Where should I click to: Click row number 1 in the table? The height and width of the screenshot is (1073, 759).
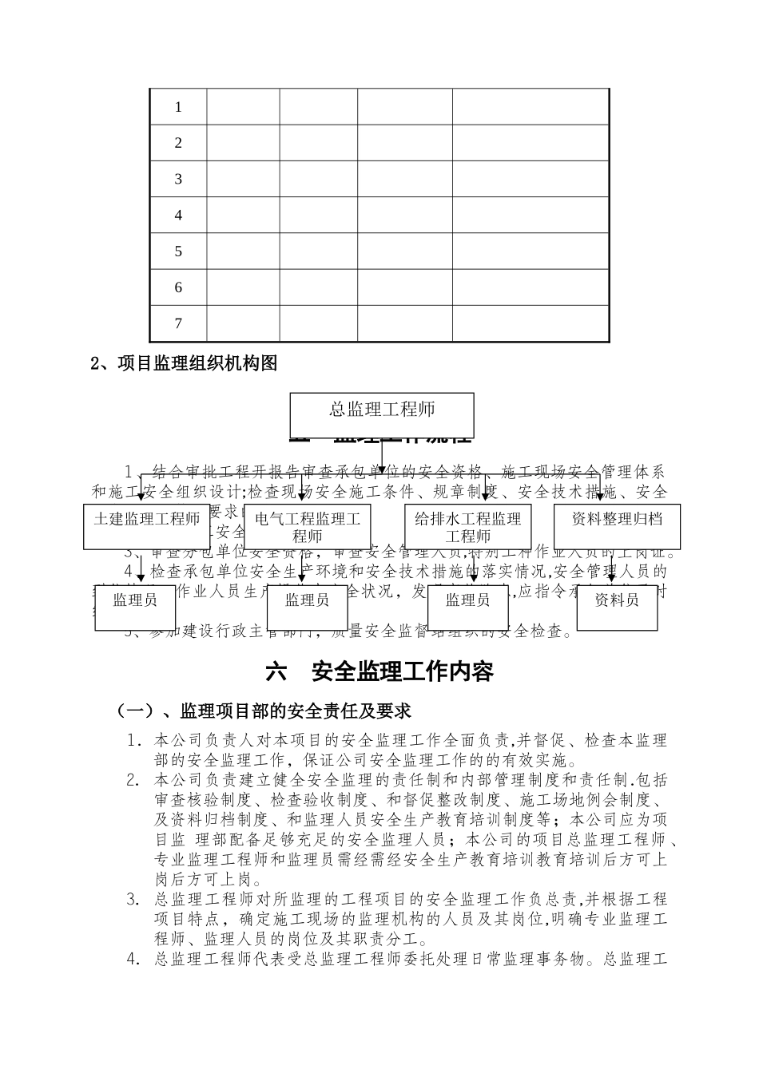[x=178, y=107]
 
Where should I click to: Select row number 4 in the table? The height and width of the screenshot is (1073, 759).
[x=178, y=216]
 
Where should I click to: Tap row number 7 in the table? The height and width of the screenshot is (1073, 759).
[x=178, y=323]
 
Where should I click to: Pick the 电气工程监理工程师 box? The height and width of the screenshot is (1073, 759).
[x=308, y=527]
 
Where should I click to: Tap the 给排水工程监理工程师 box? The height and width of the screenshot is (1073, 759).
[x=467, y=527]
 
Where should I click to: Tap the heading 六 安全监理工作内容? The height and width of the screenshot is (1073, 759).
[x=379, y=671]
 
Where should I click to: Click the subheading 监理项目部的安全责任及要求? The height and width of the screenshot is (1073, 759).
[x=264, y=711]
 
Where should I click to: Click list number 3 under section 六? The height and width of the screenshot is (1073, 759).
[x=133, y=900]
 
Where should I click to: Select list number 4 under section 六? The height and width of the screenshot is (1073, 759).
[x=133, y=960]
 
